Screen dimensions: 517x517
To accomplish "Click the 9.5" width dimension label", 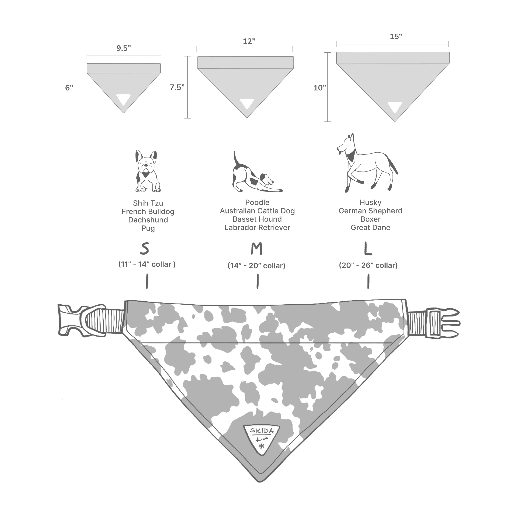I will (123, 48).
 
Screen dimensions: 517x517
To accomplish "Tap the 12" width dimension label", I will (249, 42).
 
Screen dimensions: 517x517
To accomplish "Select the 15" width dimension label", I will (396, 37).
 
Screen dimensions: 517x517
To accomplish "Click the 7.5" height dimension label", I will (177, 87).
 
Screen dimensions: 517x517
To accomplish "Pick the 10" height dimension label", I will (319, 88).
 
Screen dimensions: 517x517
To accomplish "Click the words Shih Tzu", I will (148, 203).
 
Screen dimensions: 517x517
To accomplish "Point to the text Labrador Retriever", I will (257, 228).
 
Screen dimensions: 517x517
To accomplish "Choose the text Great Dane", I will (370, 228).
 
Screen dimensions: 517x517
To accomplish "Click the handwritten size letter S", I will (145, 249).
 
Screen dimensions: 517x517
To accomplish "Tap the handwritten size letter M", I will (257, 249).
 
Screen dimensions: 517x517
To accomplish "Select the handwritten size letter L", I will (368, 249).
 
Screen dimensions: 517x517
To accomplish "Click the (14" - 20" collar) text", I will (256, 266).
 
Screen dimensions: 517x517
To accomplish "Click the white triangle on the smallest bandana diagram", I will (123, 100).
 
